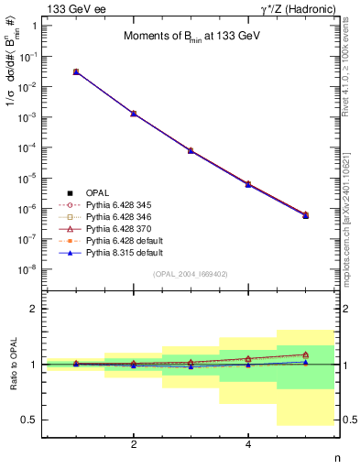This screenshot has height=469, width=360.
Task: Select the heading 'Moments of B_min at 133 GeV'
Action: tap(179, 37)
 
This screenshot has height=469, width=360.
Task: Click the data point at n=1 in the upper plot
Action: tap(76, 71)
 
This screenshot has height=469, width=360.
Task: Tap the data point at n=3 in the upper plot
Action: tap(191, 150)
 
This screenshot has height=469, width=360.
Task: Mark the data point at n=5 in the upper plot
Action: tap(305, 215)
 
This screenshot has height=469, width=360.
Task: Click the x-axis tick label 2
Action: tap(134, 444)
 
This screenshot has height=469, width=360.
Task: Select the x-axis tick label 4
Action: tap(248, 444)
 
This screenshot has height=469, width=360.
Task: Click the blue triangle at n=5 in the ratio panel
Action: tap(305, 363)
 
